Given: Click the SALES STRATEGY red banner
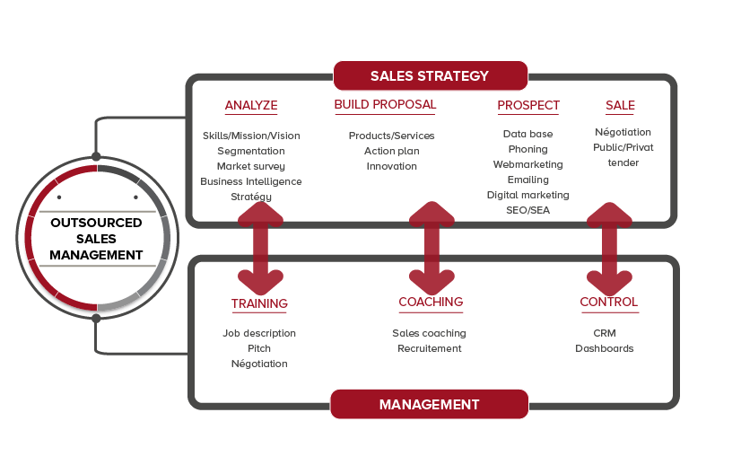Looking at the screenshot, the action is tap(430, 75).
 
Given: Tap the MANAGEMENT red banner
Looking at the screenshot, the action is tap(429, 405).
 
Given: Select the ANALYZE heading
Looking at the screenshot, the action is tap(251, 106).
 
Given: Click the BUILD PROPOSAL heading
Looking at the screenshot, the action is tap(385, 104).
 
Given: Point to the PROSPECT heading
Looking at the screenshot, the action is tap(528, 106).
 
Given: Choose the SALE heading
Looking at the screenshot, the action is tap(620, 106).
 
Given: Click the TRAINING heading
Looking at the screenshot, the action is tap(259, 303).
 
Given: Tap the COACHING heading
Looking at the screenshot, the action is tap(431, 302).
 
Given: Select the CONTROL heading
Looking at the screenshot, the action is tap(608, 302).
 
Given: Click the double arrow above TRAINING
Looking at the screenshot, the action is tap(260, 249).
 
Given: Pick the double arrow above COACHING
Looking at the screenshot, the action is tap(432, 249).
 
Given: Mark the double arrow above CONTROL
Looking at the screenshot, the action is tap(609, 250).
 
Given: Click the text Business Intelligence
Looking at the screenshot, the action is tap(251, 181).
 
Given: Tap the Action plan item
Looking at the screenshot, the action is tap(392, 152).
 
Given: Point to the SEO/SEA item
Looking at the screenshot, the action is tap(527, 210).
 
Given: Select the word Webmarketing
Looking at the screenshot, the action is tap(527, 164).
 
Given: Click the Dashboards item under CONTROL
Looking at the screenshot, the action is tap(605, 348).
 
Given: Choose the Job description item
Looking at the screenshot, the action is tap(259, 334).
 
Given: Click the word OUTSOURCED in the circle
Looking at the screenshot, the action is tap(96, 223).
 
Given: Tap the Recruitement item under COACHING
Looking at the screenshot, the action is tap(430, 348).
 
